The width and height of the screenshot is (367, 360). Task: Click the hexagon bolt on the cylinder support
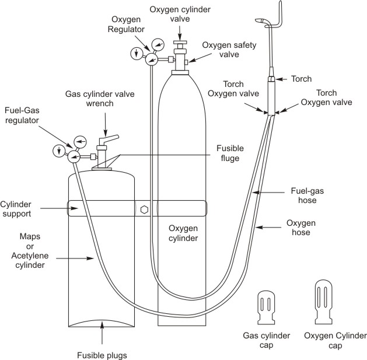tap(144, 208)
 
